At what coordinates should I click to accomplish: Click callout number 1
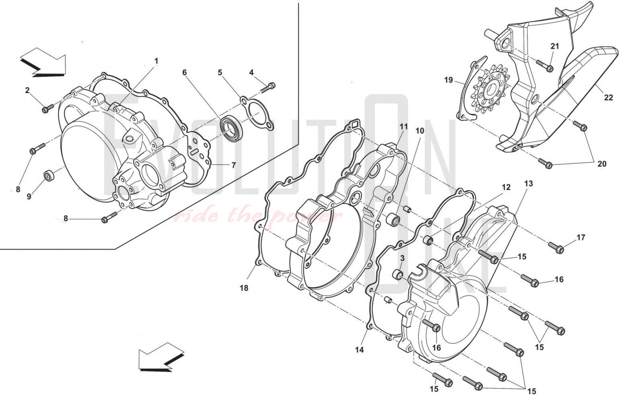click(156, 61)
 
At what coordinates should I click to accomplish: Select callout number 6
click(185, 72)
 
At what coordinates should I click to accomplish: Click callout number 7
click(233, 165)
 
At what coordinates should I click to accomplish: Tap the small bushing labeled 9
click(49, 175)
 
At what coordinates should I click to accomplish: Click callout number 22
click(608, 97)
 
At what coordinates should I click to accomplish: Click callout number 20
click(602, 164)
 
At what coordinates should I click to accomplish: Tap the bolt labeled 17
click(556, 247)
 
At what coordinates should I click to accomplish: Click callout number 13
click(528, 183)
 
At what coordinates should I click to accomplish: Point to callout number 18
click(244, 288)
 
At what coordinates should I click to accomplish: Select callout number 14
click(359, 350)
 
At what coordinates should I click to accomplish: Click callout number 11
click(403, 127)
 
